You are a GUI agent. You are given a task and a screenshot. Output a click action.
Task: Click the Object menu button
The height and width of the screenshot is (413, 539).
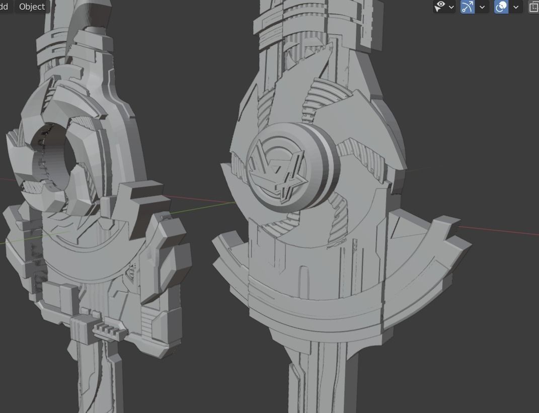point(32,7)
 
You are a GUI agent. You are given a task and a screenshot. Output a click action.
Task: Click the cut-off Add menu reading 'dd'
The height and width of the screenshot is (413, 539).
point(5,7)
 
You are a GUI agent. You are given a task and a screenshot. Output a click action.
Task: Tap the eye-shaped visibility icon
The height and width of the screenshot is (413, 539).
point(440,7)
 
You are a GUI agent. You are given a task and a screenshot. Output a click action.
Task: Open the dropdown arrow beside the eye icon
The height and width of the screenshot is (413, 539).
point(451,7)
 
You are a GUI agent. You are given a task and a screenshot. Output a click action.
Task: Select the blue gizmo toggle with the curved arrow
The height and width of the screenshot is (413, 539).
point(468,7)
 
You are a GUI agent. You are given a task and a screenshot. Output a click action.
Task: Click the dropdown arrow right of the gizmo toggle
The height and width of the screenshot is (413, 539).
point(482,7)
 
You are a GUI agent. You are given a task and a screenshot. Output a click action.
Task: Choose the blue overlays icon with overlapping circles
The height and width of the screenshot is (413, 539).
point(501,7)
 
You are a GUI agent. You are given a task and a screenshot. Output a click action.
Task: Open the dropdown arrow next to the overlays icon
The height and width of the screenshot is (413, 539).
point(515,7)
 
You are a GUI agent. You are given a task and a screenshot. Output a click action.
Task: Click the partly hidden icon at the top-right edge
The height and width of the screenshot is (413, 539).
point(534,7)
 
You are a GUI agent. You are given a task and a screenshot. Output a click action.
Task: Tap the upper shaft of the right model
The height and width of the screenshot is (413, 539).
point(317,25)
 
